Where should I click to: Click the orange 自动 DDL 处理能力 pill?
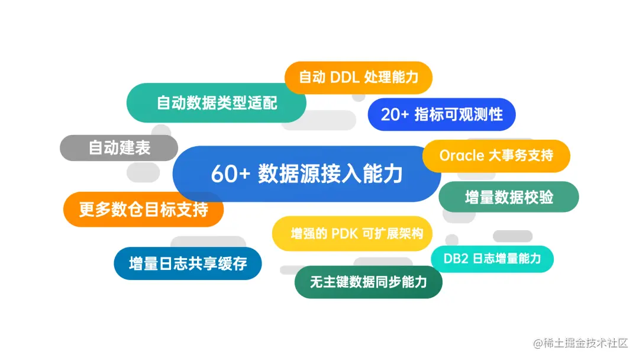(x=359, y=78)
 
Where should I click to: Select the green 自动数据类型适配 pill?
(x=217, y=103)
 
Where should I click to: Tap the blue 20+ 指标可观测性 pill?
(x=441, y=114)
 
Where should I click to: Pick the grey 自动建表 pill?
(x=119, y=147)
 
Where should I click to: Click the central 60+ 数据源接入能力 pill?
(x=306, y=174)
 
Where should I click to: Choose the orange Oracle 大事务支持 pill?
(x=496, y=156)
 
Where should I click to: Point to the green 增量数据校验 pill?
(x=508, y=197)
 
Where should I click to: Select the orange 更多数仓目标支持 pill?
(x=143, y=209)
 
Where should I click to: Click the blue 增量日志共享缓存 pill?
(x=188, y=263)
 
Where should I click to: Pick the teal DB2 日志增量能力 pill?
(x=492, y=259)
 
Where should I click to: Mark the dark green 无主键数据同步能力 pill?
(x=368, y=282)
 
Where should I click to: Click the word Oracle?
(x=461, y=156)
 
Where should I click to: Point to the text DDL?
(x=344, y=78)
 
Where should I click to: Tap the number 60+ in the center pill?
(x=231, y=174)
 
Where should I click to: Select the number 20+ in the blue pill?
(x=395, y=114)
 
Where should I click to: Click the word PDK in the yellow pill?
(x=344, y=233)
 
